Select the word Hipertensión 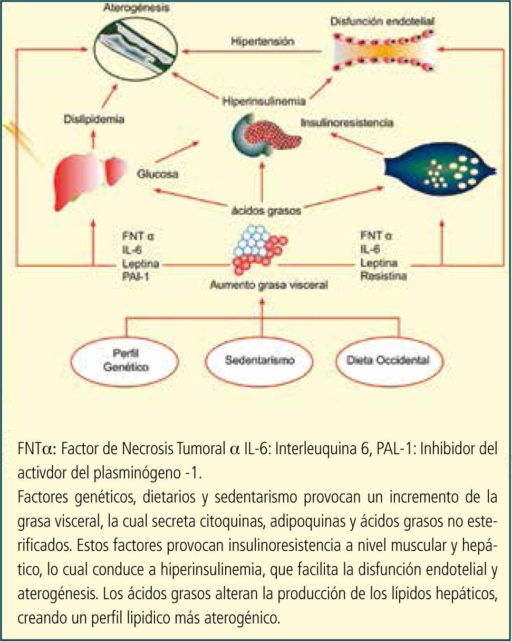(x=262, y=41)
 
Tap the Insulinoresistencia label (x=347, y=122)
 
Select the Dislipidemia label (x=93, y=120)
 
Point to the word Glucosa (x=158, y=174)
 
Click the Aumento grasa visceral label (x=268, y=285)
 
